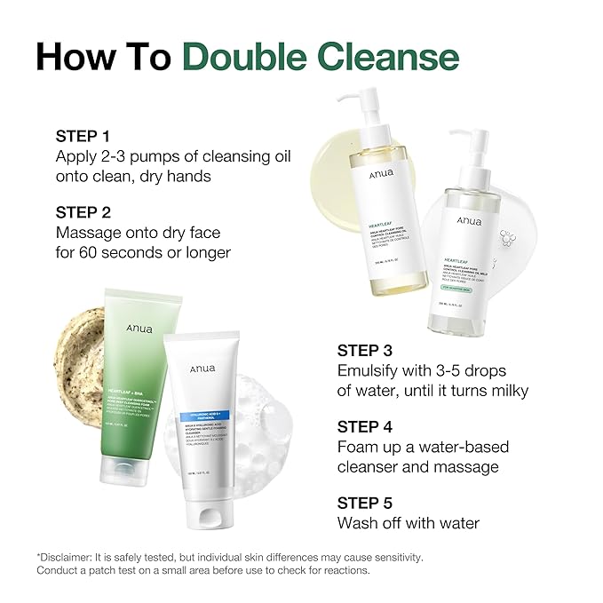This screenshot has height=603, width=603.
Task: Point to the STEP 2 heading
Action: (x=83, y=212)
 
